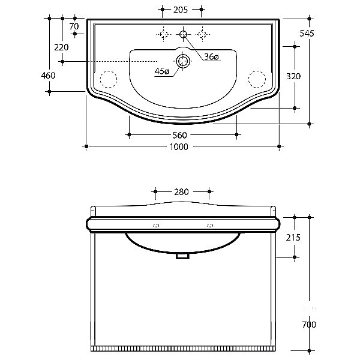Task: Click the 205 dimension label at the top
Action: click(x=181, y=10)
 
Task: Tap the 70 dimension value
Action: click(x=74, y=26)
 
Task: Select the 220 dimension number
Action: click(x=61, y=47)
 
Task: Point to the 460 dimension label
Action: click(x=48, y=76)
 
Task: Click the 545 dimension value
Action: click(x=307, y=34)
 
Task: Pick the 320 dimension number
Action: click(x=293, y=76)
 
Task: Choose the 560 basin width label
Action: click(x=179, y=135)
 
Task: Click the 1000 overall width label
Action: click(x=179, y=147)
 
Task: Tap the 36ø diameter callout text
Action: click(x=211, y=56)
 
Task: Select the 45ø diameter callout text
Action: click(x=162, y=71)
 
